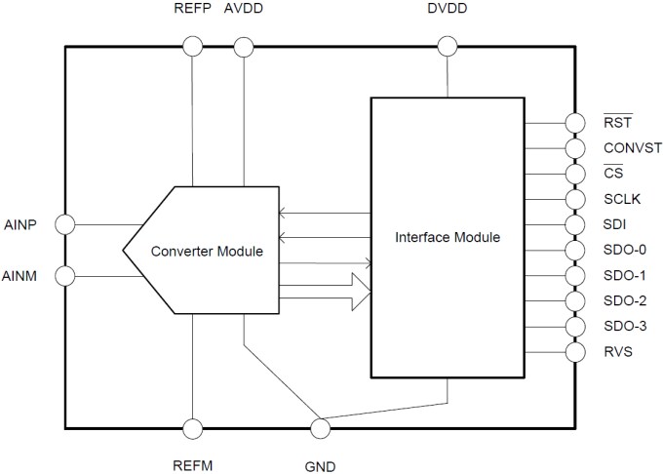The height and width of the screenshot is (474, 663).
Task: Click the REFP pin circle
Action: (x=193, y=46)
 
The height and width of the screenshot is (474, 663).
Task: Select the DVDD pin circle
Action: (x=448, y=46)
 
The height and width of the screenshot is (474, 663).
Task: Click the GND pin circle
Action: (x=319, y=428)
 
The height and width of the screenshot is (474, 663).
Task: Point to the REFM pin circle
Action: (x=193, y=428)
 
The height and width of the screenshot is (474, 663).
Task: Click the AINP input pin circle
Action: (x=65, y=224)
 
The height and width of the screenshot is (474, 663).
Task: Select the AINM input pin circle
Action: (x=65, y=276)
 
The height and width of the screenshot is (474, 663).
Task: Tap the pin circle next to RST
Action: (x=574, y=123)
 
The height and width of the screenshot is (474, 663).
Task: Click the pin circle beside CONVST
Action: (x=574, y=148)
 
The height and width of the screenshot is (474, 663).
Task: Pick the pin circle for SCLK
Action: (x=574, y=199)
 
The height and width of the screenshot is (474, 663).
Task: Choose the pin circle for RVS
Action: (x=574, y=351)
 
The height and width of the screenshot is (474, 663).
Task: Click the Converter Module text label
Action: (x=207, y=251)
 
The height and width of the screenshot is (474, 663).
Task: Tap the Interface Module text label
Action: (x=448, y=237)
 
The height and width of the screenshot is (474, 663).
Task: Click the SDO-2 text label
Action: (x=624, y=301)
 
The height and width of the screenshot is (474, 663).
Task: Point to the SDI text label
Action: (x=614, y=225)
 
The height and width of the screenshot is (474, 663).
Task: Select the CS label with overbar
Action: (x=613, y=174)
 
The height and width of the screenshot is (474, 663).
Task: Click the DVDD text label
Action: (x=448, y=10)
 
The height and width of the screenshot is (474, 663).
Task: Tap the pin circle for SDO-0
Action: (x=574, y=250)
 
